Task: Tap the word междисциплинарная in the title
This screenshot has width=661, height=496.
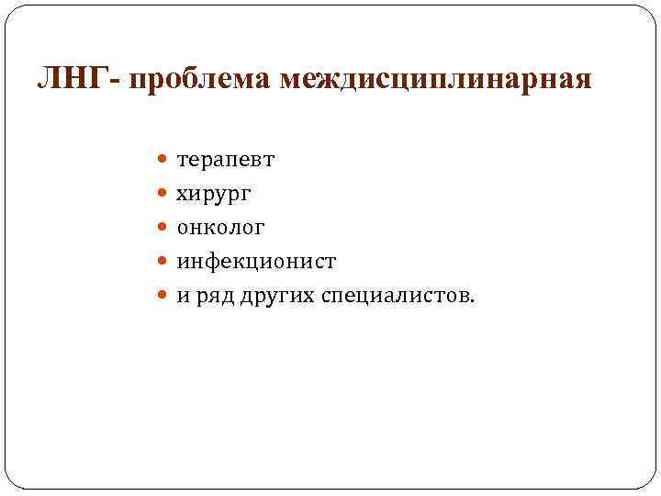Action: [x=436, y=81]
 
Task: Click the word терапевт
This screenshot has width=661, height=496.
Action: [x=225, y=161]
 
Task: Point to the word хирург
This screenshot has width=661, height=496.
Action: [x=214, y=195]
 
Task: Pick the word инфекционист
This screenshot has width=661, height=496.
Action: [x=256, y=262]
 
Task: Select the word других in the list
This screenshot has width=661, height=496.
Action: [x=273, y=296]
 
